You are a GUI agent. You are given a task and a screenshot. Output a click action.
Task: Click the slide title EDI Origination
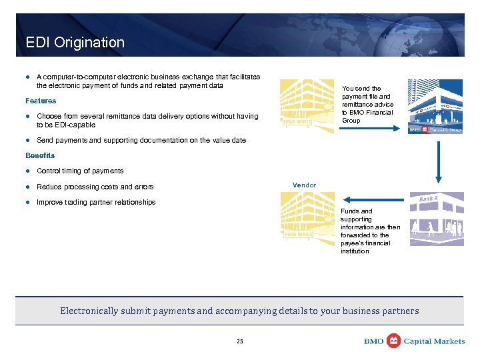(75, 43)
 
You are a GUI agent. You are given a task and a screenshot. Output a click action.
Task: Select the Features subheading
(41, 101)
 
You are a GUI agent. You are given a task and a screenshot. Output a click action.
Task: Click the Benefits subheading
(40, 155)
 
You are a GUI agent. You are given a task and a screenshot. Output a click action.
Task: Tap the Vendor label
(304, 185)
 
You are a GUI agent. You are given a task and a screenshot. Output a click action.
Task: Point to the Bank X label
(428, 199)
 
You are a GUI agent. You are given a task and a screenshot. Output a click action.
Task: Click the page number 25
(240, 341)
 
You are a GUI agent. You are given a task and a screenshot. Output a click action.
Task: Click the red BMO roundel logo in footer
(394, 341)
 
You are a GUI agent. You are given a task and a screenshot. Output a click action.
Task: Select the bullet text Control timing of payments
(80, 171)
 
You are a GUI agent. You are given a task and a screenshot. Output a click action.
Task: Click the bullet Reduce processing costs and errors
(95, 187)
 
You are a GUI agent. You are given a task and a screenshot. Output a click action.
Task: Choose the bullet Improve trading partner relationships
(96, 202)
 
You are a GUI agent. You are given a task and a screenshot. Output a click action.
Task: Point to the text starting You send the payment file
(367, 104)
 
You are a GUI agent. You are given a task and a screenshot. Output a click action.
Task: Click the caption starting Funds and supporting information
(370, 231)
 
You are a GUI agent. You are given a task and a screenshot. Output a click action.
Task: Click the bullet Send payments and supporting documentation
(141, 140)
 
